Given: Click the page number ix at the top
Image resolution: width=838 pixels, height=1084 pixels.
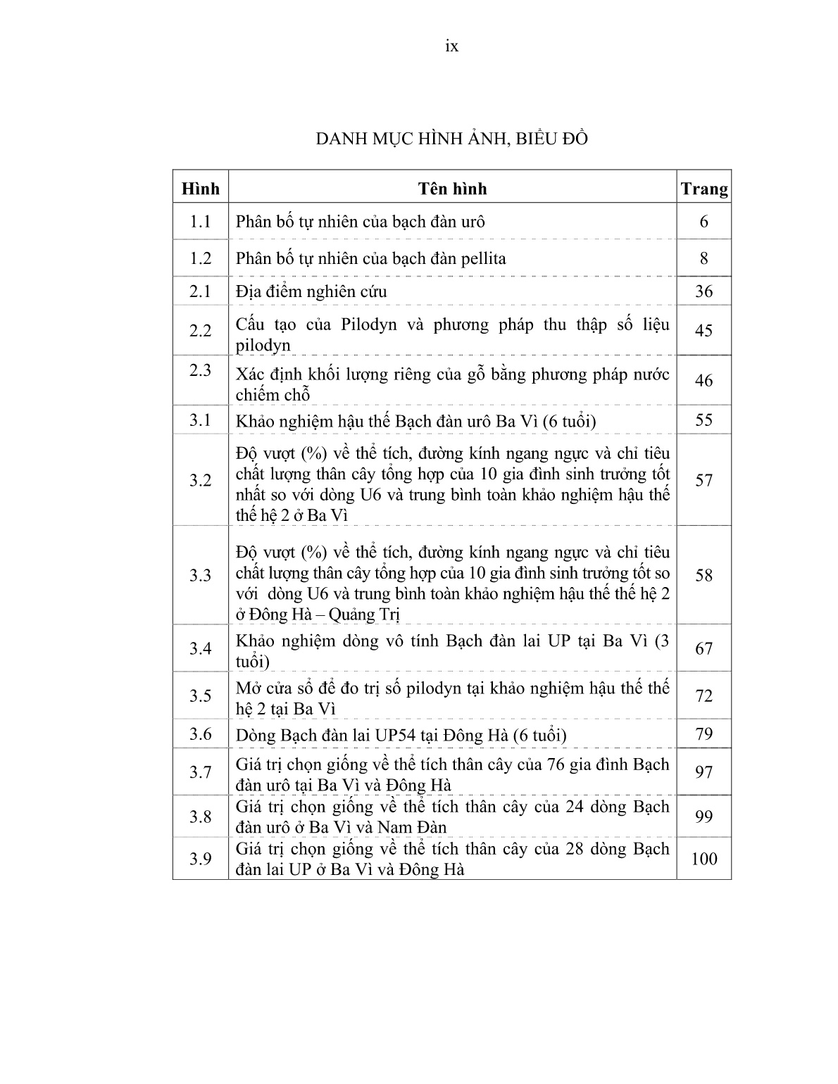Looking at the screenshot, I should pyautogui.click(x=452, y=46).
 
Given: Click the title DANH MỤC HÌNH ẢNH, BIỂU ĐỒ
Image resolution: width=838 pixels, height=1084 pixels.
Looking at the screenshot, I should pyautogui.click(x=451, y=139).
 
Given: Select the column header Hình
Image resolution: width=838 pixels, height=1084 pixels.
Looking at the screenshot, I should pyautogui.click(x=201, y=189).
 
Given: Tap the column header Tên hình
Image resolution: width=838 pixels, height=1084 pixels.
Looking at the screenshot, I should pyautogui.click(x=452, y=189).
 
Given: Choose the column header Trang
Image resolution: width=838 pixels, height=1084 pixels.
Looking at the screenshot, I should pyautogui.click(x=704, y=189).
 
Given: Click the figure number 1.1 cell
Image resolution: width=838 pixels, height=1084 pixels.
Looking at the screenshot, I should pyautogui.click(x=201, y=222).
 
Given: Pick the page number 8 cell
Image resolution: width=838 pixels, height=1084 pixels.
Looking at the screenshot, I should pyautogui.click(x=704, y=258).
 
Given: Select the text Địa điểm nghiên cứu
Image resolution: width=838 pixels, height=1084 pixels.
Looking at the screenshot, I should pyautogui.click(x=311, y=291).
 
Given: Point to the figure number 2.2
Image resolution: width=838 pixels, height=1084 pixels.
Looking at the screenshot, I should pyautogui.click(x=201, y=330).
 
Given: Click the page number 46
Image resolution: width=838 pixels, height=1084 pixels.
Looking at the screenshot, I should pyautogui.click(x=704, y=380).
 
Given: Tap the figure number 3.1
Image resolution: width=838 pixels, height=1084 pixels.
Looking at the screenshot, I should pyautogui.click(x=201, y=420).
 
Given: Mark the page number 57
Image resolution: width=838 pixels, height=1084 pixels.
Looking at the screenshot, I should pyautogui.click(x=704, y=480).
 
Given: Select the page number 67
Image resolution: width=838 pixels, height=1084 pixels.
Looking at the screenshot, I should pyautogui.click(x=704, y=648).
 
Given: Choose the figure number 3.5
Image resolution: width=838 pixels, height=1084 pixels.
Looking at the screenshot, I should pyautogui.click(x=201, y=695).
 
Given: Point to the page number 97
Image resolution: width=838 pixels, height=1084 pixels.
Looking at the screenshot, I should pyautogui.click(x=704, y=772).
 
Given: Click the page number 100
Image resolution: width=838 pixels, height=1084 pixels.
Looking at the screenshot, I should pyautogui.click(x=704, y=859).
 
